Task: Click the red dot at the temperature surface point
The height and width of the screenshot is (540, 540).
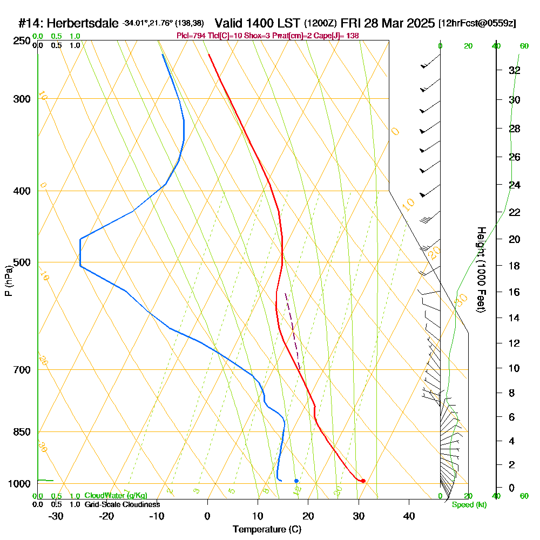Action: (363, 481)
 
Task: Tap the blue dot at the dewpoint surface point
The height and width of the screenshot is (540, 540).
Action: (296, 481)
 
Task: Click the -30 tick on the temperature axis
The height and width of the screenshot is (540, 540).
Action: (56, 516)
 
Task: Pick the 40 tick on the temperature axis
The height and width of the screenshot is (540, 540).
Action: (409, 516)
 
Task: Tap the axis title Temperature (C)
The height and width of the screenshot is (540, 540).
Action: (267, 530)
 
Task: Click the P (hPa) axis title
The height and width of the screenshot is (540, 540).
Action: (8, 280)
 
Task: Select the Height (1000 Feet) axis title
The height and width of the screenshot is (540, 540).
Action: (480, 269)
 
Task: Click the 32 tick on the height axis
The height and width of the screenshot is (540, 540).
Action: (514, 70)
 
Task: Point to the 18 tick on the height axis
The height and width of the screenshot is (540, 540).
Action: (514, 266)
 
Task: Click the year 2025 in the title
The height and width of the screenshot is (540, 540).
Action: (417, 23)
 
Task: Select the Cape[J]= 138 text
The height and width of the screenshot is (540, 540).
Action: (340, 36)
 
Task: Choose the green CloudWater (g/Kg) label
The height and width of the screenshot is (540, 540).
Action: (116, 496)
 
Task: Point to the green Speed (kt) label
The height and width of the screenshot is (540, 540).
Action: (469, 505)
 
